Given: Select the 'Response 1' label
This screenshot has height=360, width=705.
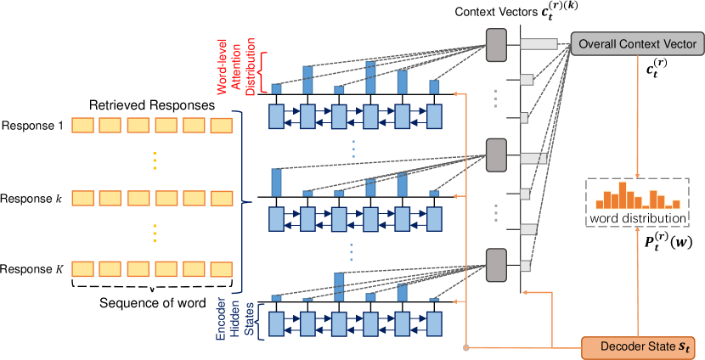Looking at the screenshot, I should [33, 126].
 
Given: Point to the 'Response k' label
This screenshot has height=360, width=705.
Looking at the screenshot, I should [33, 198].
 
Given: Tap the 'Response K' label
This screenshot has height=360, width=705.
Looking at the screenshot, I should [33, 269].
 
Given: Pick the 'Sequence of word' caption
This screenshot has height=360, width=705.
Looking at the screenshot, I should [153, 303].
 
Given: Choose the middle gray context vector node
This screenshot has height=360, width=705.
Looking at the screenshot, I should [496, 155].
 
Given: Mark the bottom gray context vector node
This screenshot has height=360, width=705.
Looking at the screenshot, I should [496, 265].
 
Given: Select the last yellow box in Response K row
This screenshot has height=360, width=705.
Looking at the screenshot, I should [221, 270].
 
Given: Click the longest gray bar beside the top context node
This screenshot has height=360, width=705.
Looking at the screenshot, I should [539, 44].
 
